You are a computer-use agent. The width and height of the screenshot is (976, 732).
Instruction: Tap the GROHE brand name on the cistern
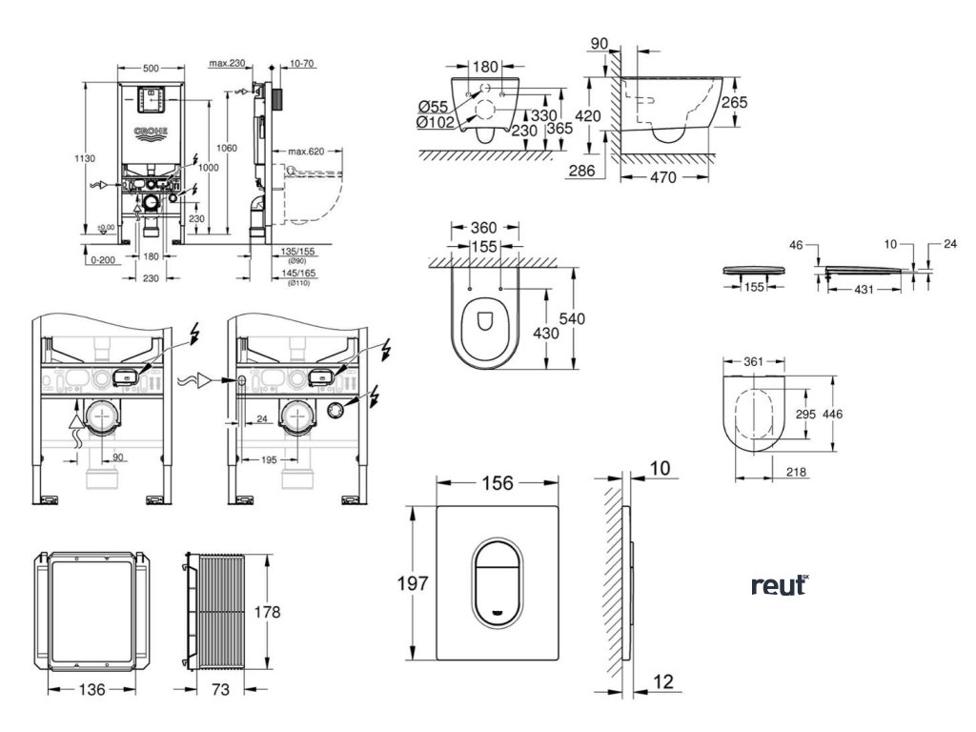151,132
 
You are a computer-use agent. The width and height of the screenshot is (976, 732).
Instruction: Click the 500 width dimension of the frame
150,69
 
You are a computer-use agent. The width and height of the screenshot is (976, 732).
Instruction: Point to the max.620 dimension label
302,152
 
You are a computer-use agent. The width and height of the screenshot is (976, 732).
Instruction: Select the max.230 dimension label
226,64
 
